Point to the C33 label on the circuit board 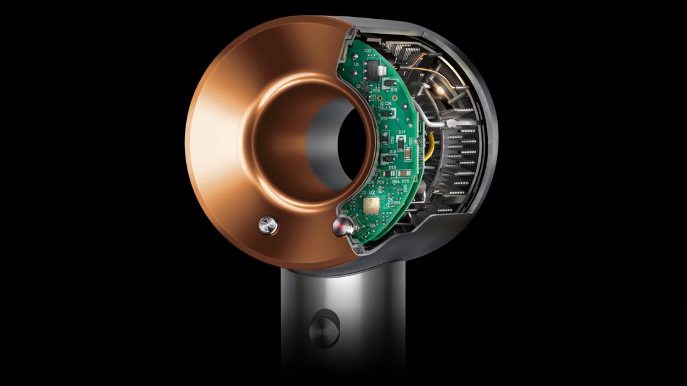point(367,50)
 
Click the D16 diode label point(394,90)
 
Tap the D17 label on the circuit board point(402,132)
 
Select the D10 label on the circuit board point(391,168)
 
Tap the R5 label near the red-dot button point(372,225)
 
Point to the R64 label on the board point(396,181)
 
